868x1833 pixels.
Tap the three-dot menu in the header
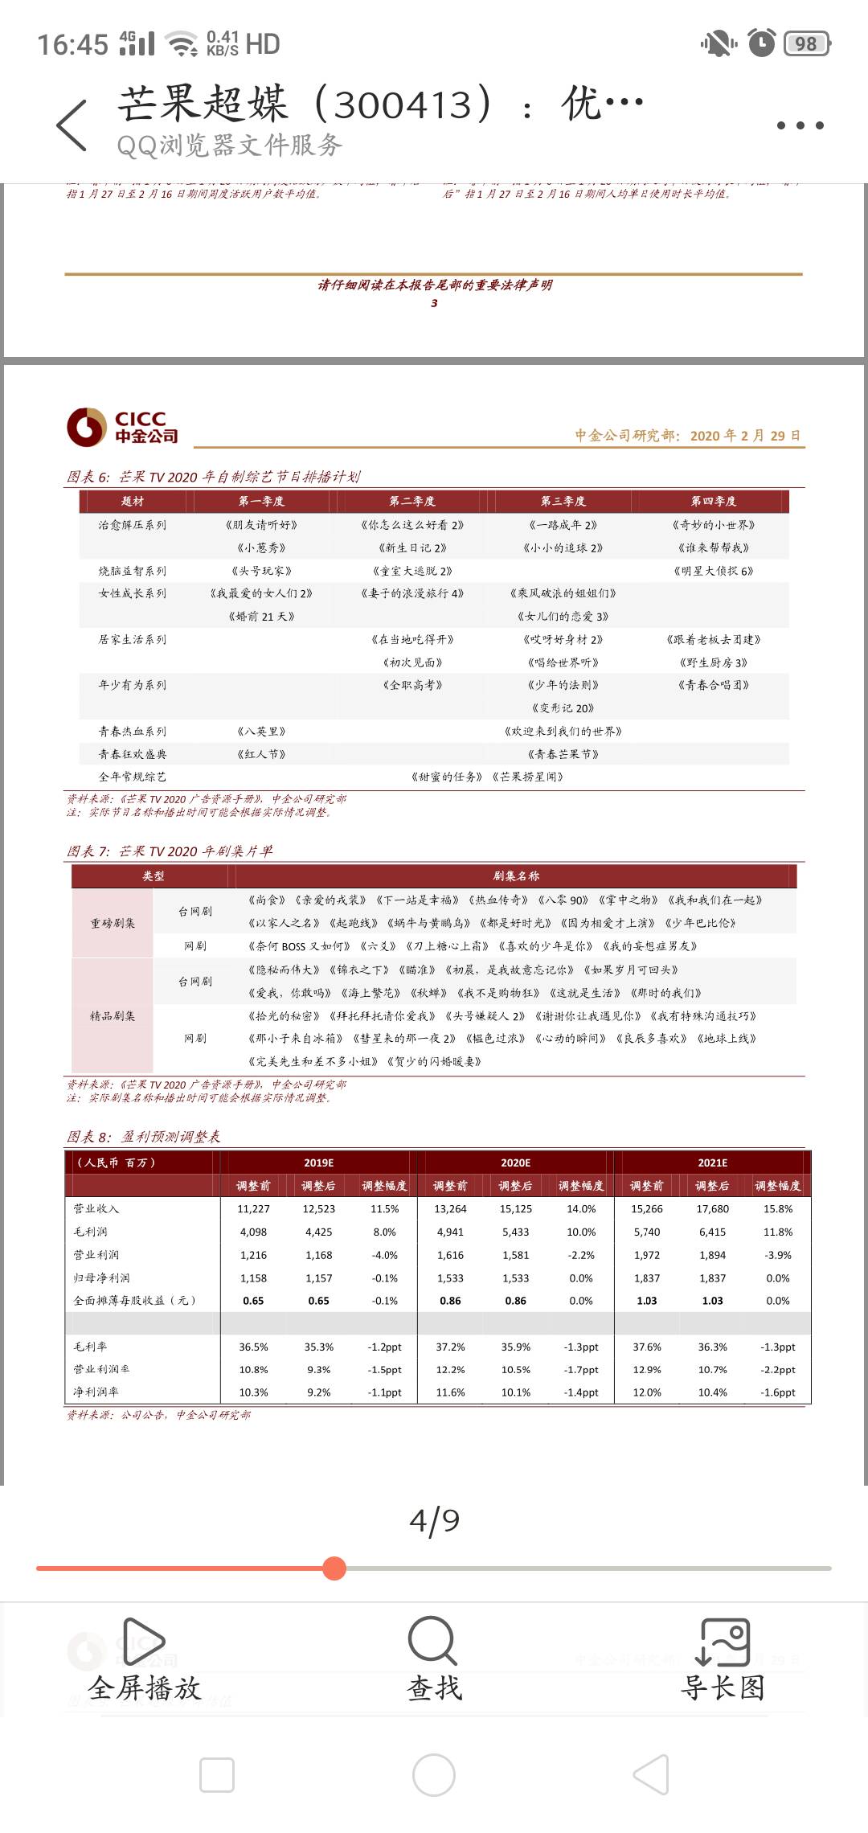[x=800, y=125]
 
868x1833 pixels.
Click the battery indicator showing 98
[x=806, y=43]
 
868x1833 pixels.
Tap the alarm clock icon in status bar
[x=761, y=43]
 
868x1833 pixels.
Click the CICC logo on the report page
[x=122, y=427]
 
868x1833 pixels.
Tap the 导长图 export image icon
[x=723, y=1641]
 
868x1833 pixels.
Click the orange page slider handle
[x=334, y=1568]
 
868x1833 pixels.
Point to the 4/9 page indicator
[x=434, y=1520]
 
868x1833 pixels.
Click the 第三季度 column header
[x=563, y=501]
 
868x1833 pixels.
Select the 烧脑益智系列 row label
[x=133, y=571]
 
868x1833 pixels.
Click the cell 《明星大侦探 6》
[x=713, y=571]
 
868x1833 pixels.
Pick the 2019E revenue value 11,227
[x=253, y=1208]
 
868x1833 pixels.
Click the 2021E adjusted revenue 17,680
[x=712, y=1208]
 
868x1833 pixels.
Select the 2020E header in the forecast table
[x=515, y=1163]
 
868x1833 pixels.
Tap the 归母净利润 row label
[x=101, y=1277]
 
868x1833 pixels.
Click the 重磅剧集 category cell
[x=113, y=923]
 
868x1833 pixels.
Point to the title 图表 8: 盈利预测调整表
[x=143, y=1136]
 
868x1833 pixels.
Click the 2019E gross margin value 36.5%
[x=253, y=1347]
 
